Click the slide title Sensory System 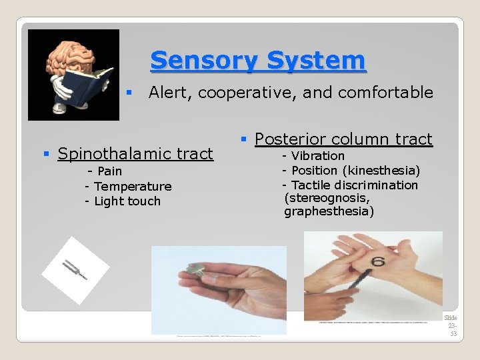[258, 61]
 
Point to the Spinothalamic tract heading [135, 154]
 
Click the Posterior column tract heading [343, 139]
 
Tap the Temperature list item [131, 187]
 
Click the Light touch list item [127, 201]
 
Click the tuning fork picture [75, 270]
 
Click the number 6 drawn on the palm [378, 261]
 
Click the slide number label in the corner [453, 325]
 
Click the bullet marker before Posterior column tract [245, 139]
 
